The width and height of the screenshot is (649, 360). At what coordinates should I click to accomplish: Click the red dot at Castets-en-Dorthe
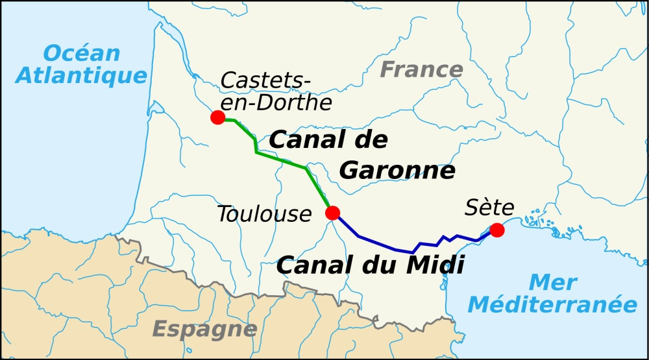coord(218,117)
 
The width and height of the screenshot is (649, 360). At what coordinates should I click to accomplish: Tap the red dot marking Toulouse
coord(333,213)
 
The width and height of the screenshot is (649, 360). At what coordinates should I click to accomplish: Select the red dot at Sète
coord(496,230)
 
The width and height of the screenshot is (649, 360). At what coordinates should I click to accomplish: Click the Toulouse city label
coord(264,214)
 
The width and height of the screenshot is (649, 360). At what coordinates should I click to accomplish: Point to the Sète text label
coord(489,208)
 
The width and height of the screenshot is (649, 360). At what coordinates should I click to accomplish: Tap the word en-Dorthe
coord(276,103)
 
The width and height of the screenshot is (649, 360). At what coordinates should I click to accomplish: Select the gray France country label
coord(421,69)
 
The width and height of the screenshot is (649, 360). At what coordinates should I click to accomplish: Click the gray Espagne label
coord(204,330)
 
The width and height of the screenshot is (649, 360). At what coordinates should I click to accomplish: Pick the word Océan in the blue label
coord(82,53)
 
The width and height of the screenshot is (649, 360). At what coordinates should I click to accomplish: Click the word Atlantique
coord(81,76)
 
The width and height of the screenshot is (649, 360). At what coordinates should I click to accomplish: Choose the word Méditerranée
coord(553,304)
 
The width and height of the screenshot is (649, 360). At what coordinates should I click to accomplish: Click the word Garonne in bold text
coord(397,171)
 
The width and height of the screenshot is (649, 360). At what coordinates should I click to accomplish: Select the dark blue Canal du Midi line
coord(389,246)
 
